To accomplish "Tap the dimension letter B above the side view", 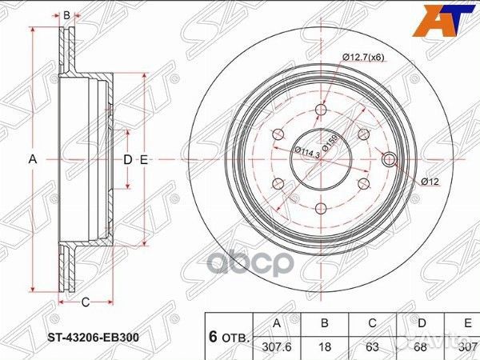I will [x=67, y=14].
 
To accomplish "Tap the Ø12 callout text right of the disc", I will [x=430, y=182].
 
